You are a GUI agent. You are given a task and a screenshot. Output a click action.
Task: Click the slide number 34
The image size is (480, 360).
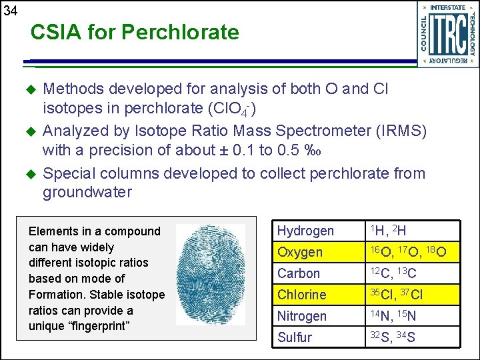pos(10,11)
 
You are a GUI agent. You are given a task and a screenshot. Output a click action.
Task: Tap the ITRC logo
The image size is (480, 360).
pos(447,34)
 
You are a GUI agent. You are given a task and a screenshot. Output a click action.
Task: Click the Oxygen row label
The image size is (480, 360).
pos(300,252)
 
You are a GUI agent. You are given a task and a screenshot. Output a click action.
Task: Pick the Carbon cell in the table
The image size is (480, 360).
pos(299,273)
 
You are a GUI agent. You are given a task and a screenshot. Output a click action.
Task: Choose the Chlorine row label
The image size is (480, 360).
pos(302,295)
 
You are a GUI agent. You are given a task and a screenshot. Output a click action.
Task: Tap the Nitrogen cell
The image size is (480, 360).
pos(302,316)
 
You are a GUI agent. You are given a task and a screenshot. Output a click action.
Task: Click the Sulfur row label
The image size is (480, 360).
pos(295,337)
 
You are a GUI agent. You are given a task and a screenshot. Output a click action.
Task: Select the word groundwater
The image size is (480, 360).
pos(87,193)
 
